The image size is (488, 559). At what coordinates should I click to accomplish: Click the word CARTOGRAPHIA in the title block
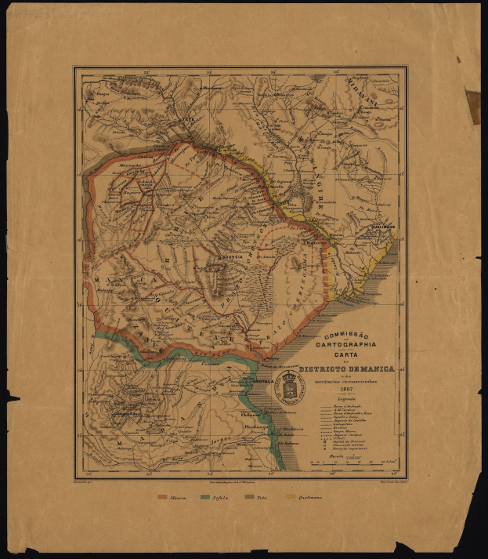pos(345,344)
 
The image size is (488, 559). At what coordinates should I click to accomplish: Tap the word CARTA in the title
pos(345,354)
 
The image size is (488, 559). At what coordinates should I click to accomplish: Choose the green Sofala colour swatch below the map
pos(208,497)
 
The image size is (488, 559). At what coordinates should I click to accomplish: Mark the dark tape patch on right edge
pos(473,105)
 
